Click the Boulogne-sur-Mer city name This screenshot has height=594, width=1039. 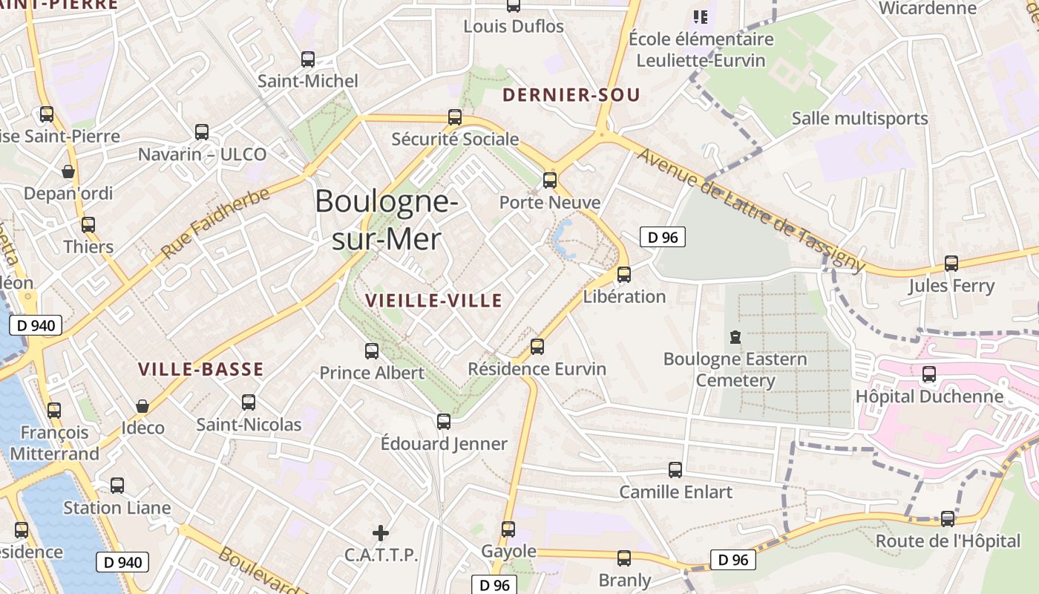[385, 220]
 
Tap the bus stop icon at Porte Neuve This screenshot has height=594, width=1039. [550, 180]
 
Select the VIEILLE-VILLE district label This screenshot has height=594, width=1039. [434, 301]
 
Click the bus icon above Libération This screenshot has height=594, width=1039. [624, 275]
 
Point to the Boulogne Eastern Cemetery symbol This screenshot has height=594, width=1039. [735, 337]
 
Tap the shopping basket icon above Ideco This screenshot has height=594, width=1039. [142, 406]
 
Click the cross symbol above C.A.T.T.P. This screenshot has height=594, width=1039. [381, 532]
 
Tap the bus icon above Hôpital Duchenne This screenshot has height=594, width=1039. [929, 374]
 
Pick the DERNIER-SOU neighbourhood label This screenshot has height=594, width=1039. [571, 95]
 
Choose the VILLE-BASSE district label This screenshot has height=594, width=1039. [201, 369]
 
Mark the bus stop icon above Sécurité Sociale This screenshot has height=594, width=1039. [455, 117]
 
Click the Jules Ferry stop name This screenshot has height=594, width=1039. [951, 286]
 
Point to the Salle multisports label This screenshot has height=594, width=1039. [859, 118]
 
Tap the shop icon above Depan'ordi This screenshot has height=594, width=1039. [68, 172]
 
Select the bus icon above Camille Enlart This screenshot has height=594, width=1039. [675, 469]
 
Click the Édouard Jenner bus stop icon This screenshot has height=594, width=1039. [444, 421]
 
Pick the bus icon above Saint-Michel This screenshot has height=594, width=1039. [308, 59]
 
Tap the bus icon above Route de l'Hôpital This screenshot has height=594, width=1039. [948, 518]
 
